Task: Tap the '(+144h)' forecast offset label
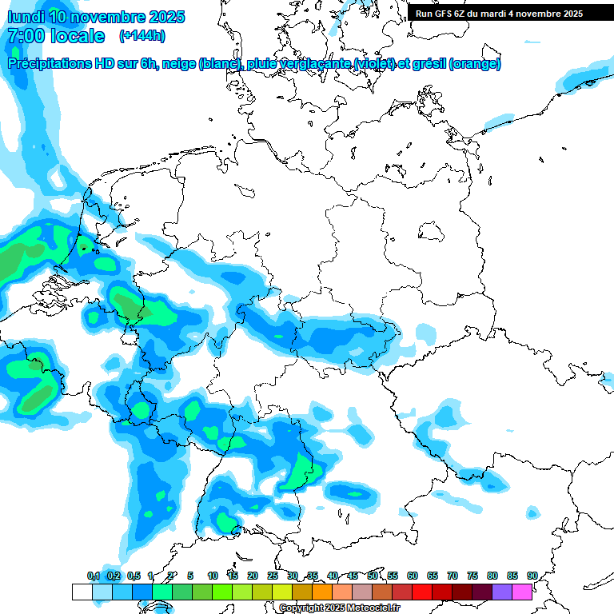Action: coord(142,36)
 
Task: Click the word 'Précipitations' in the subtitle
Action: coord(56,64)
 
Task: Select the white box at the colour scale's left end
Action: coord(82,592)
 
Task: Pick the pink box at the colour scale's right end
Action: coord(522,592)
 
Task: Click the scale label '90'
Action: coord(532,576)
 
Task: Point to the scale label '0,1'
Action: coord(94,576)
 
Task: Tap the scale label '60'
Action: coord(413,576)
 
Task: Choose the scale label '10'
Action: coord(213,576)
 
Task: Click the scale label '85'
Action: coord(512,576)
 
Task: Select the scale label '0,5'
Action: coord(134,576)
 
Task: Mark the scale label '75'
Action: coord(472,576)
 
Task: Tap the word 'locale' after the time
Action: coord(78,36)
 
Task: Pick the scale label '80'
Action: coord(492,576)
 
